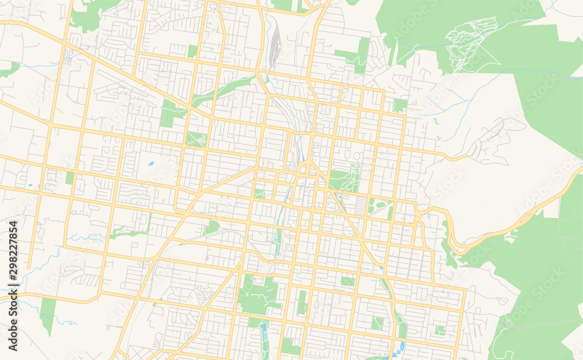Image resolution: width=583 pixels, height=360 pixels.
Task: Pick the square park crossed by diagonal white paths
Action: click(196, 139)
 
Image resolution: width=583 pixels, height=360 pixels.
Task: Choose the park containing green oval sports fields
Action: click(380, 206)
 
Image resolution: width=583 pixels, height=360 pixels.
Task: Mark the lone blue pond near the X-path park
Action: click(151, 163)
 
